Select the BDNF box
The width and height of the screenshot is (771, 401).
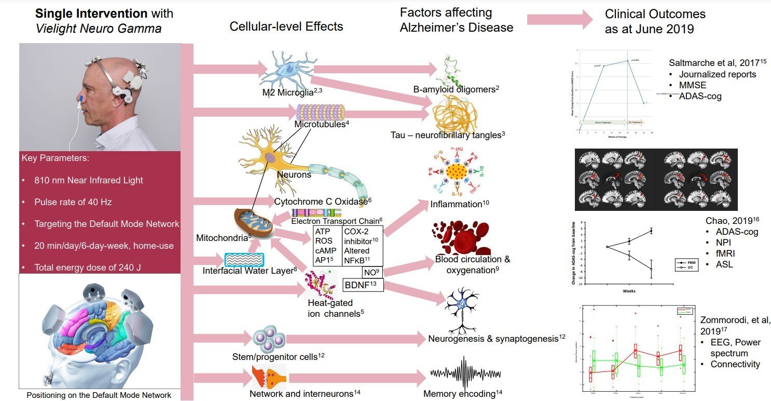click(363, 285)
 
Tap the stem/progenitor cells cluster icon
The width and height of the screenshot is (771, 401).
click(269, 339)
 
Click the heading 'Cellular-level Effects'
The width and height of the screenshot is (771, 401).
click(286, 26)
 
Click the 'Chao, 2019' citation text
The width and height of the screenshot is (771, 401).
click(724, 221)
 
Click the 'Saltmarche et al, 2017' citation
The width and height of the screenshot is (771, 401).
click(719, 63)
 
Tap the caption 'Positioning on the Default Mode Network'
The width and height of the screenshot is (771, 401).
click(99, 395)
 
